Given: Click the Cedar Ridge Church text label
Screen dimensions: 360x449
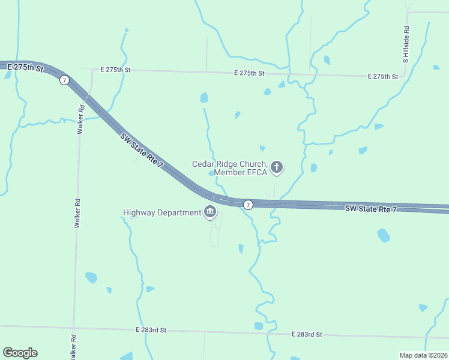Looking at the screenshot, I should [229, 163].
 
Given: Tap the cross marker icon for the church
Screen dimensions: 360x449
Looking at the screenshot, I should [277, 167].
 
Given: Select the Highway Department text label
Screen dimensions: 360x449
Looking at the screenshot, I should [161, 212].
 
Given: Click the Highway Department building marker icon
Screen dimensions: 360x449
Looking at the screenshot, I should [211, 212].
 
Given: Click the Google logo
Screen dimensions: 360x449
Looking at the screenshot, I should [20, 353].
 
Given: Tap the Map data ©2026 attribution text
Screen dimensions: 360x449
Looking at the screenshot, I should [423, 355].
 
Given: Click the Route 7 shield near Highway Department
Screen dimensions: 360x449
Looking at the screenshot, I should [248, 205].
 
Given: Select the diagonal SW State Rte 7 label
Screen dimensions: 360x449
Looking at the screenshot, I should [142, 151].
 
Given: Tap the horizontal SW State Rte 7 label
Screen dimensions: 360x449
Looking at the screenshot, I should [371, 209].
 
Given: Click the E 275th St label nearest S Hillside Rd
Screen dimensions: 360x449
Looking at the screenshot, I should [382, 76].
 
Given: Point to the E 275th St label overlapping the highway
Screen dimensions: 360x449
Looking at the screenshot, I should [23, 68].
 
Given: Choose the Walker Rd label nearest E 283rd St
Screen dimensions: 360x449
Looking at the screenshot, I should [73, 346].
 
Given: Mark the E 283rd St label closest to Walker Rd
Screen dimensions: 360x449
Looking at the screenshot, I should [151, 331].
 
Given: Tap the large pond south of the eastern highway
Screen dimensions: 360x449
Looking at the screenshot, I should [384, 236].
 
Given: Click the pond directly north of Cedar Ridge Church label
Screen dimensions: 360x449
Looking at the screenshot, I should [204, 97].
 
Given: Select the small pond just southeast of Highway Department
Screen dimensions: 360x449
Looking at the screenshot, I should [241, 248].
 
